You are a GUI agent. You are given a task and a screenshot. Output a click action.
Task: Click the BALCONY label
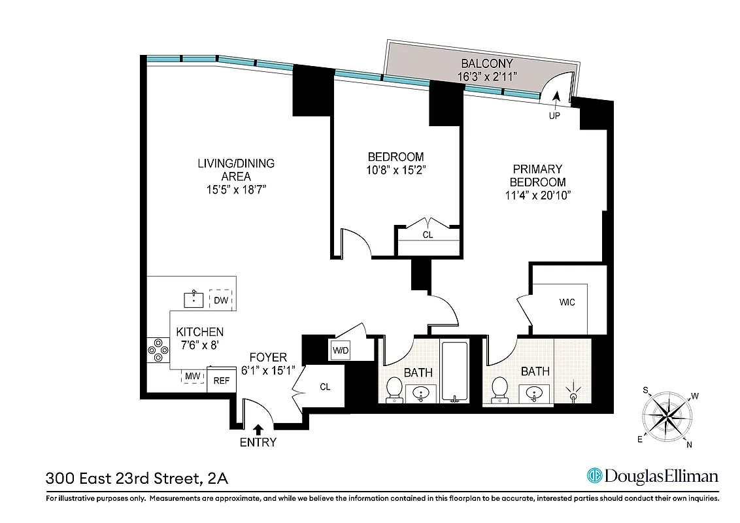tap(487, 64)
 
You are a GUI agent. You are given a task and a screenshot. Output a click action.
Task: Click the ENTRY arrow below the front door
tap(258, 429)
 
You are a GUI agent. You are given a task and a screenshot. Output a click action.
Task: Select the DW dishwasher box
tap(221, 301)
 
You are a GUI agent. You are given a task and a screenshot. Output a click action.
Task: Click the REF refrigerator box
tap(221, 380)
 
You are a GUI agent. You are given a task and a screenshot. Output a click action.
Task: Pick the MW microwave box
tap(192, 377)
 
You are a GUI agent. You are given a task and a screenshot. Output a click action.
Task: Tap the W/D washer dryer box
tap(341, 350)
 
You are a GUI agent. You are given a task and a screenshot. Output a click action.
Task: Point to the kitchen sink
tap(193, 300)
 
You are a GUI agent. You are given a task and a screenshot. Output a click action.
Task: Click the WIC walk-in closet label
tap(567, 303)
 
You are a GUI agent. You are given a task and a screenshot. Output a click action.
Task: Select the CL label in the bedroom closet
tap(428, 234)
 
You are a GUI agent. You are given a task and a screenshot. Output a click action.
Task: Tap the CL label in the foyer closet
tap(325, 386)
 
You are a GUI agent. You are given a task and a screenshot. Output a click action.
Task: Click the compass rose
tap(667, 416)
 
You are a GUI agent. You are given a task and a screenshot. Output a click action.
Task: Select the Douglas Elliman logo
tap(652, 476)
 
